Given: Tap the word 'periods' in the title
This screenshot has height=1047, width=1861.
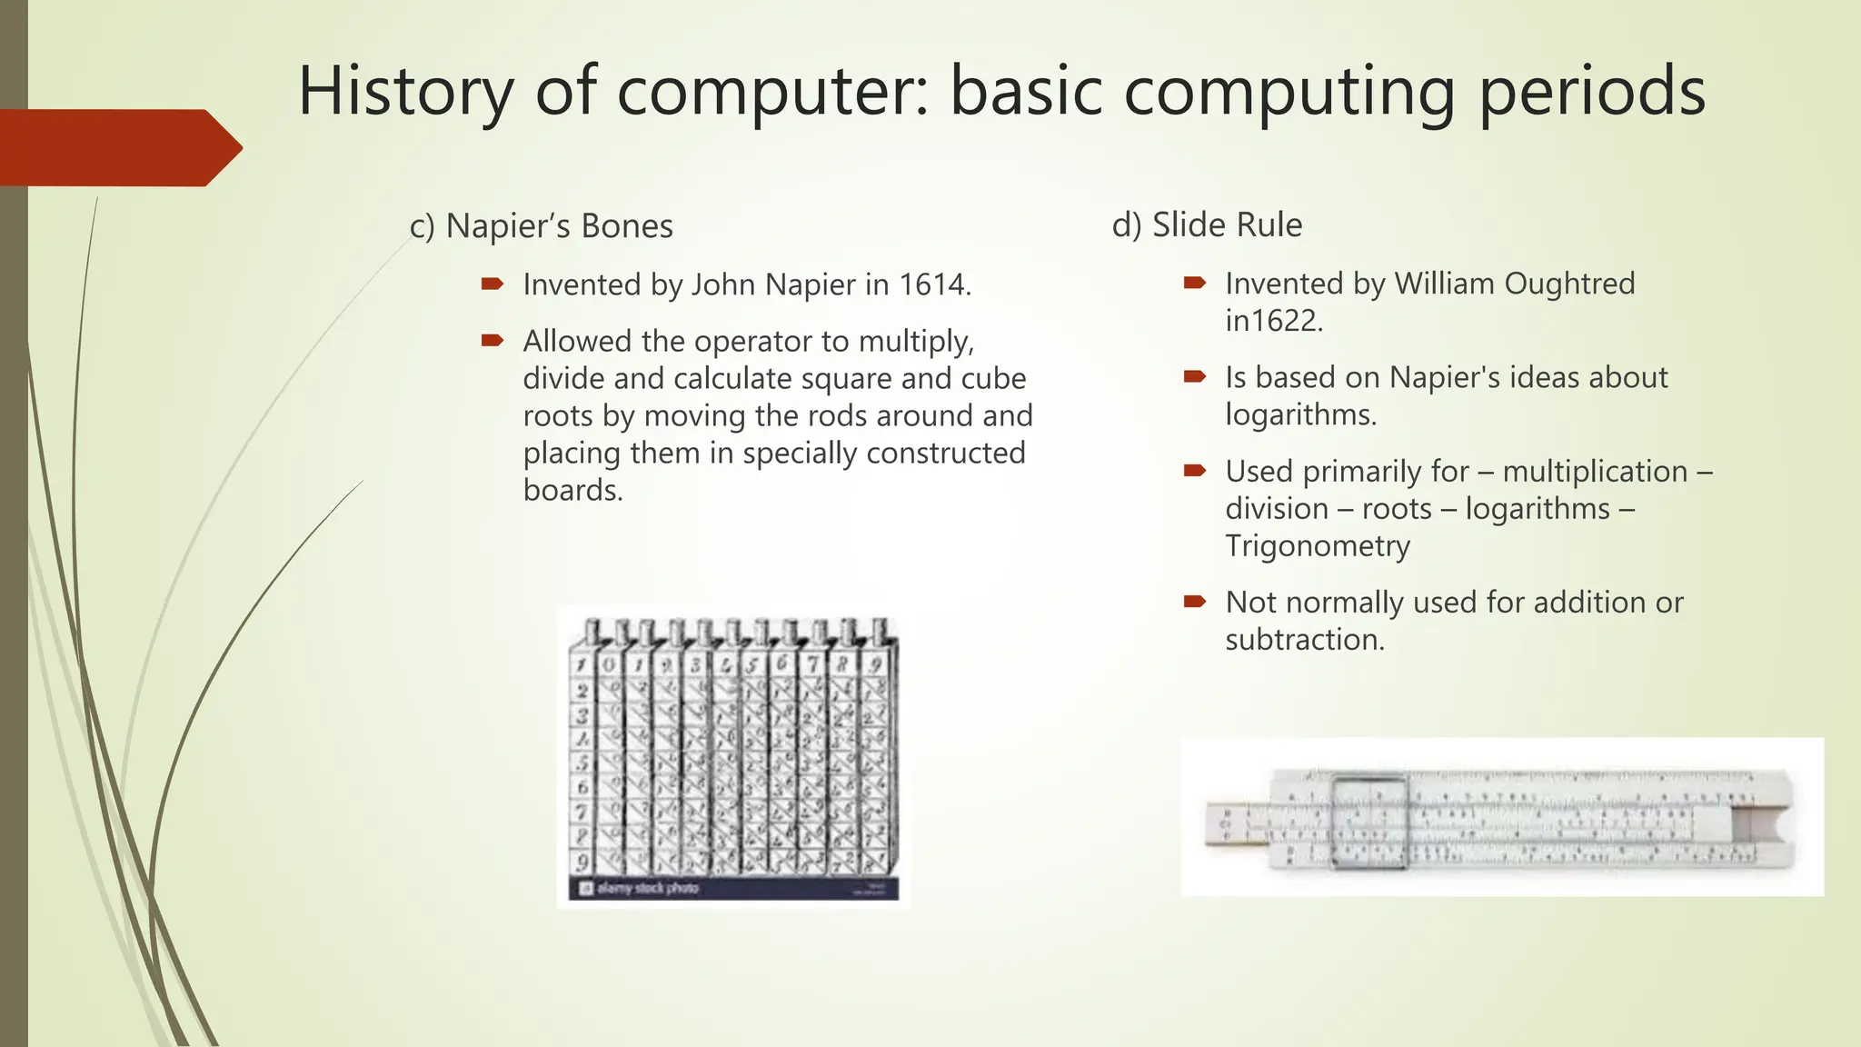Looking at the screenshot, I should pyautogui.click(x=1591, y=92).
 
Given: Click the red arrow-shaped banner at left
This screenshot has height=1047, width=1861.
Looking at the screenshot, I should pyautogui.click(x=118, y=147).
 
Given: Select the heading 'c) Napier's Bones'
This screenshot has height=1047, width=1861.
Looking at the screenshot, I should pyautogui.click(x=541, y=225).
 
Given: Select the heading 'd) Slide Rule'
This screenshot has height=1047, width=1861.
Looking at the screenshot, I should pyautogui.click(x=1207, y=224).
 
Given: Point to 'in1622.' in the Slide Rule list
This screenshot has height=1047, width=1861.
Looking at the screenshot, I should pyautogui.click(x=1273, y=321).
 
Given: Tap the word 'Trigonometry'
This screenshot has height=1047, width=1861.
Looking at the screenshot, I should pyautogui.click(x=1318, y=545).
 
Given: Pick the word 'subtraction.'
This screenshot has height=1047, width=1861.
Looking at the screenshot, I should pyautogui.click(x=1305, y=640).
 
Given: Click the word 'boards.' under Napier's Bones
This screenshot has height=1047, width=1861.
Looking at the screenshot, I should pyautogui.click(x=572, y=491).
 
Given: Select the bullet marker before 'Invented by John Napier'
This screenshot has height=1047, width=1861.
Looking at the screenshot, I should pyautogui.click(x=492, y=284).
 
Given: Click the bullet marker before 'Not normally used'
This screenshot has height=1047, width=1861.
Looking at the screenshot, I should pyautogui.click(x=1194, y=602).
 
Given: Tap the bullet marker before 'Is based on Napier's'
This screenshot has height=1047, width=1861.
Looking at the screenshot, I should pyautogui.click(x=1194, y=376).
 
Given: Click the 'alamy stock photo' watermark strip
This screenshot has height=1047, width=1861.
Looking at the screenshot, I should pyautogui.click(x=732, y=888).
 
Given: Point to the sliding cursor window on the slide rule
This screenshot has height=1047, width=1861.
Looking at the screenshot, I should pyautogui.click(x=1368, y=818).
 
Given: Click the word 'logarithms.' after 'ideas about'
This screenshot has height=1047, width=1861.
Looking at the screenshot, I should pyautogui.click(x=1300, y=414).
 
